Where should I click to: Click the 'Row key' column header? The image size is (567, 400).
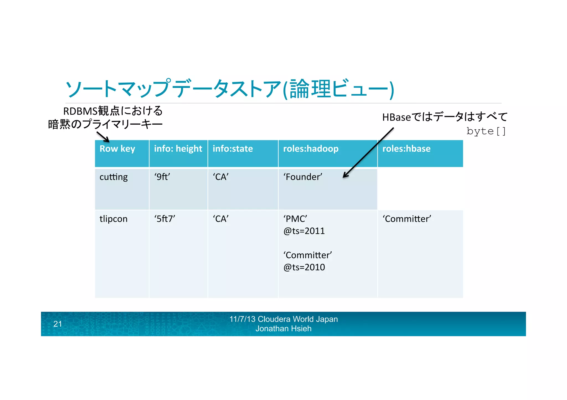(117, 149)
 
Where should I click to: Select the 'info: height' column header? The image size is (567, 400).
(178, 149)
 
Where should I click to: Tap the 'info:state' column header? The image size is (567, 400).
(233, 149)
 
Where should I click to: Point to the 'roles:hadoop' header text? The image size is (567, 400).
(311, 149)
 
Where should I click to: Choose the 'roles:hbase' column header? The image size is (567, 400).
(406, 149)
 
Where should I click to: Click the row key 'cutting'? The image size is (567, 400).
(114, 177)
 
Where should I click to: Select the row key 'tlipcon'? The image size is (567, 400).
(114, 219)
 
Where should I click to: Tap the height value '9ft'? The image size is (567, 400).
(162, 177)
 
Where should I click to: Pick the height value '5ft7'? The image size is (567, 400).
(165, 219)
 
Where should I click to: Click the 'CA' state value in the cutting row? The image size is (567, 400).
(221, 177)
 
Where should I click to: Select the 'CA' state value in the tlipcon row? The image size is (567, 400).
(221, 219)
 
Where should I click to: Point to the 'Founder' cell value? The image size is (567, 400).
(303, 177)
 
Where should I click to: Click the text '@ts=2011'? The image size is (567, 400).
(304, 231)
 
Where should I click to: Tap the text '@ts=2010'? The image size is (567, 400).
(304, 267)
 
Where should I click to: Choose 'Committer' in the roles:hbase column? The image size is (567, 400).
(407, 219)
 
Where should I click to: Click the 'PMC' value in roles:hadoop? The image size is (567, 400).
(295, 219)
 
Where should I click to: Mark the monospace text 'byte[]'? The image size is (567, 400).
(486, 131)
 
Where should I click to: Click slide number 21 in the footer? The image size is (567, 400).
(58, 324)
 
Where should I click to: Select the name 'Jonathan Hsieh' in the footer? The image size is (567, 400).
(283, 329)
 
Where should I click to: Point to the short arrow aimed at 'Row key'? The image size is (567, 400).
(103, 137)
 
